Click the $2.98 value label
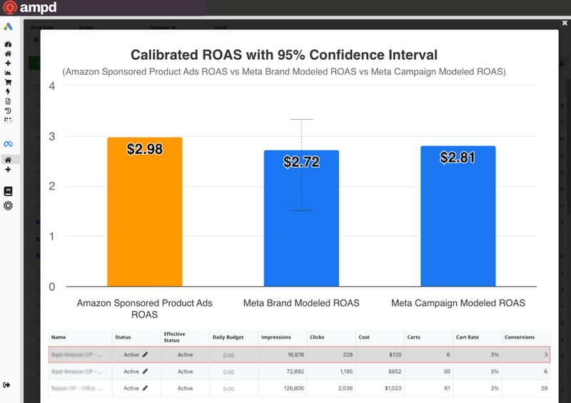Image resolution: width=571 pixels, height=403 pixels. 145,149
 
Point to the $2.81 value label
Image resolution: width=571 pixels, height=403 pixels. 458,158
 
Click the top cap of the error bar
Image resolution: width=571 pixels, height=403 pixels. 301,119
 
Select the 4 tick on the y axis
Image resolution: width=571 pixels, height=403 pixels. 51,86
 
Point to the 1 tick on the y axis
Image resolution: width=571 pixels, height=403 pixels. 51,237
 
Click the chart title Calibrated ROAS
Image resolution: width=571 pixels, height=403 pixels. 283,55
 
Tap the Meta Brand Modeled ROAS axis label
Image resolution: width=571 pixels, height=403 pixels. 301,303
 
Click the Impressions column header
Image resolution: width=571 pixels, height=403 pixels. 276,337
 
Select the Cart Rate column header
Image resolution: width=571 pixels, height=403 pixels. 468,337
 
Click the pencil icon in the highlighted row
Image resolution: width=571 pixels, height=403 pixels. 146,354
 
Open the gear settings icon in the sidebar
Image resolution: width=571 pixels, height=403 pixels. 8,205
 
